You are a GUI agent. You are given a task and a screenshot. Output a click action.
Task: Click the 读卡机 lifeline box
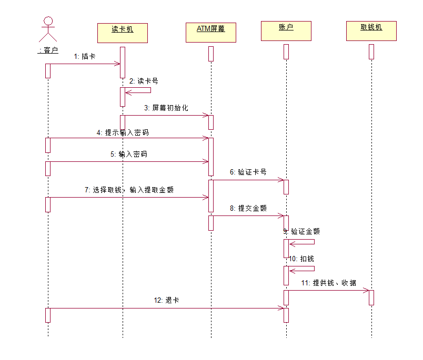coord(122,33)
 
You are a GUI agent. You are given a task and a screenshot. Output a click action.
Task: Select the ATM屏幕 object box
coord(211,33)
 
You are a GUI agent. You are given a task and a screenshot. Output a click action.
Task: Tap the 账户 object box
coord(286,31)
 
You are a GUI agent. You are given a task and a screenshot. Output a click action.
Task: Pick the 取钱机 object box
coord(371,31)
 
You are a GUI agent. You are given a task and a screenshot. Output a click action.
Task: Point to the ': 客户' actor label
coord(48,50)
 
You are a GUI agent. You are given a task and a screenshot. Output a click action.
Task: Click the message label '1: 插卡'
coord(84,56)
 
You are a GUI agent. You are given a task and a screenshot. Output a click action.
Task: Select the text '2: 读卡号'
coord(144,81)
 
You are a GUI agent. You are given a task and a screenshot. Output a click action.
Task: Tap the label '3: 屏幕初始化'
coord(166,108)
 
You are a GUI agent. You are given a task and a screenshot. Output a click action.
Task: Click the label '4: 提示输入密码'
coord(123,132)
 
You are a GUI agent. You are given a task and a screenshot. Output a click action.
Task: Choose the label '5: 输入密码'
coord(128,155)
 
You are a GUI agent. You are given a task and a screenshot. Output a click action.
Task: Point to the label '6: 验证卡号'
coord(248,172)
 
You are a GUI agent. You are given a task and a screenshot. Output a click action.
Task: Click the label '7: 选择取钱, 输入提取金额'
coord(129,190)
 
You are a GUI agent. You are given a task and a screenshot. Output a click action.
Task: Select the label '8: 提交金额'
coord(248,208)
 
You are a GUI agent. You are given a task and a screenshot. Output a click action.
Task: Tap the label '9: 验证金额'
coord(301,231)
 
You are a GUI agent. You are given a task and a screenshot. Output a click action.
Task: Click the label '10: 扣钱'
coord(301,259)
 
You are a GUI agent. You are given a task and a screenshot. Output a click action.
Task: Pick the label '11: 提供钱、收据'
coord(328,283)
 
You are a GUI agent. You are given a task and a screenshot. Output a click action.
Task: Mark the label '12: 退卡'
coord(166,301)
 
